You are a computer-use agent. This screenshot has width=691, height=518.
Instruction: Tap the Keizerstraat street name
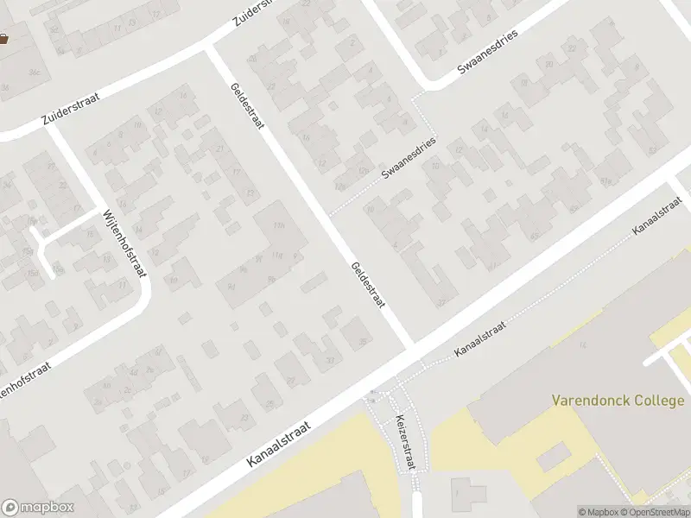[x=404, y=441]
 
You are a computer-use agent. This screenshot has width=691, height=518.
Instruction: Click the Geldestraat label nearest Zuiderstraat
[x=246, y=106]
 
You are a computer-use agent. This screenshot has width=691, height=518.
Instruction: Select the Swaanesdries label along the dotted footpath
[x=409, y=158]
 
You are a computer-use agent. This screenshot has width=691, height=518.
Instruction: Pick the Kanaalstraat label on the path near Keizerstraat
[x=479, y=338]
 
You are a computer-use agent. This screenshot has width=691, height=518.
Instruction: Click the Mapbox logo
[x=38, y=508]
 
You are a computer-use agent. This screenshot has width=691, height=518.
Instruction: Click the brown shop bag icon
[x=3, y=38]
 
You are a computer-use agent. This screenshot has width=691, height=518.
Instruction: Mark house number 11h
[x=278, y=226]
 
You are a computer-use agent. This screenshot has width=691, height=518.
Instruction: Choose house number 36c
[x=35, y=72]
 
